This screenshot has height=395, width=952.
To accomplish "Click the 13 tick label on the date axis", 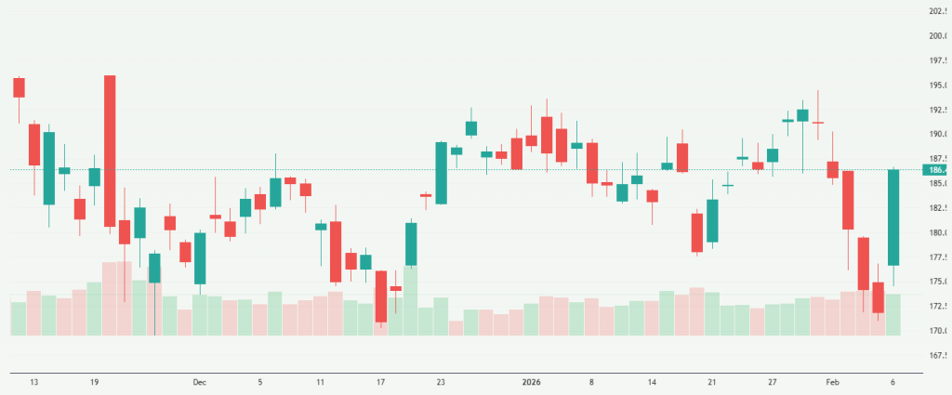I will click(33, 381).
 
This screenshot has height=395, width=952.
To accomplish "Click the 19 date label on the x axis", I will click(94, 381).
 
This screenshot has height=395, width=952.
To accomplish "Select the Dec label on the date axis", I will click(199, 381).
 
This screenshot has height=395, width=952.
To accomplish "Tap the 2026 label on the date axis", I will click(531, 381).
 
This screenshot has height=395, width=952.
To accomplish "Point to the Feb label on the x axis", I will click(832, 381).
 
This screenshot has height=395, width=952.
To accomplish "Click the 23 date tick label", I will click(441, 381).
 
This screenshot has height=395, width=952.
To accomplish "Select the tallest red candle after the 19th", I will click(110, 151).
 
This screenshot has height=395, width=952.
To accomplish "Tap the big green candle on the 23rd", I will click(442, 173).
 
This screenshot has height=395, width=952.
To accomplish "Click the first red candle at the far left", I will click(19, 87).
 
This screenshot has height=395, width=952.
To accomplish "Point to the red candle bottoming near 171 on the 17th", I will click(381, 296).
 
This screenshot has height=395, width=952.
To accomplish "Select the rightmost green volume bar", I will click(893, 314).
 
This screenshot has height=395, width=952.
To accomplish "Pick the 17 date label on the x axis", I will click(381, 381).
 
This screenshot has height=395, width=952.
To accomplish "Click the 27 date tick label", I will click(772, 381).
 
